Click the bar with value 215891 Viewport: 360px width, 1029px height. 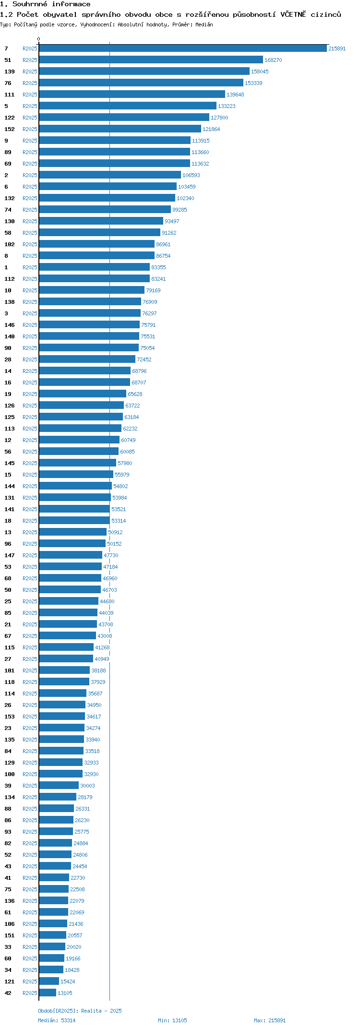point(183,48)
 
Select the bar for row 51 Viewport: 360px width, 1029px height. point(151,60)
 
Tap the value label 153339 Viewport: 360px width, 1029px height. point(253,83)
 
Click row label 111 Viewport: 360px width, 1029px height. point(10,95)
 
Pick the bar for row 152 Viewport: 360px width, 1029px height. point(120,129)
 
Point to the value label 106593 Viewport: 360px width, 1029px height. point(191,175)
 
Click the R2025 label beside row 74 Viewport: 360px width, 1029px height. point(30,210)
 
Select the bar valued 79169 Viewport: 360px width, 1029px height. point(92,290)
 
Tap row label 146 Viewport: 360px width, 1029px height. point(10,325)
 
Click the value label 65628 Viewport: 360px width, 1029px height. point(135,394)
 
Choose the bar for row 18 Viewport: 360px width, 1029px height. point(74,520)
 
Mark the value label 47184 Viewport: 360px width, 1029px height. point(110,567)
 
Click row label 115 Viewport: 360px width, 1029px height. point(10,647)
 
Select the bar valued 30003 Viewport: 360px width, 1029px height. point(59,785)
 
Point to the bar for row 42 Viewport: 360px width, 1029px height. point(48,993)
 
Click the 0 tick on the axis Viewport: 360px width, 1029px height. point(39,39)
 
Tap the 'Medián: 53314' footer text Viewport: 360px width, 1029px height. point(57,1020)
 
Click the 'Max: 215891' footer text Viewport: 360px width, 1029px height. point(270,1020)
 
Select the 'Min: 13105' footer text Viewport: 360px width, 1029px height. point(172,1020)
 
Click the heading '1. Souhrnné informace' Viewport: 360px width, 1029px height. point(45,4)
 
